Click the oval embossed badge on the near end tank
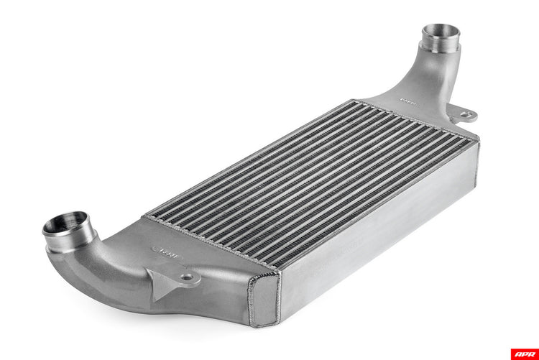click(168, 252)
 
